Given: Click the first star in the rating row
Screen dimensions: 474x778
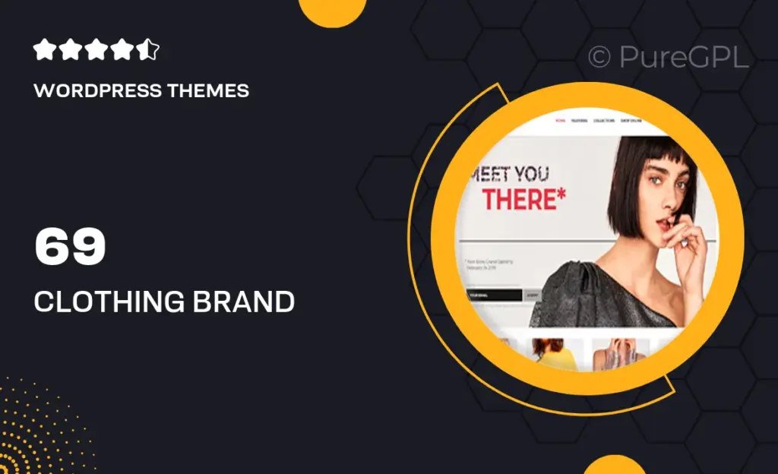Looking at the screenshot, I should pyautogui.click(x=44, y=51).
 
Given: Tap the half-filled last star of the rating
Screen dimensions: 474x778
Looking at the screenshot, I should pyautogui.click(x=149, y=51).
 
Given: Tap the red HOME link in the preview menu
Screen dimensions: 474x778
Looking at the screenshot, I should pyautogui.click(x=561, y=121).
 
